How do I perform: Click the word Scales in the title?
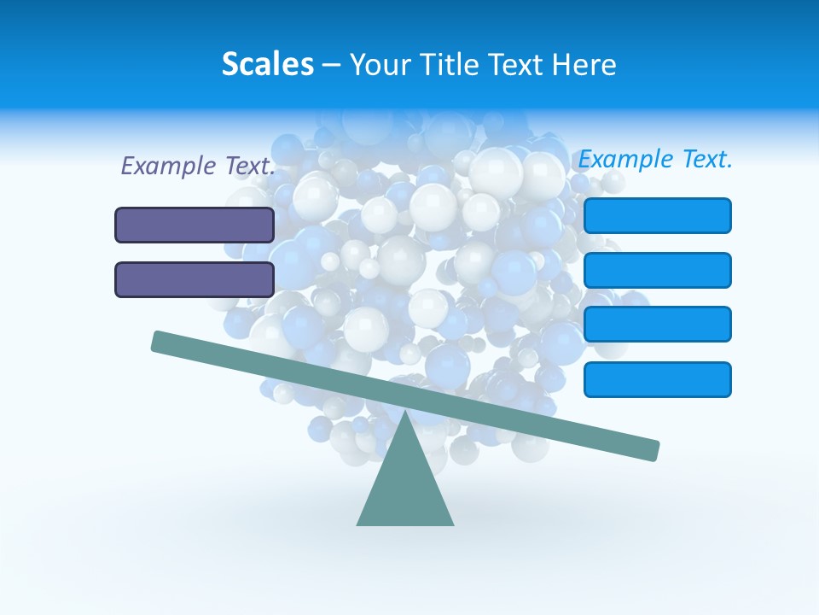pyautogui.click(x=267, y=65)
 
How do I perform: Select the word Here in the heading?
pyautogui.click(x=583, y=65)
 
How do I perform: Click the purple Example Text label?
pyautogui.click(x=198, y=167)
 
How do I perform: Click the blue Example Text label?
pyautogui.click(x=655, y=159)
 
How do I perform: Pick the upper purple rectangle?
pyautogui.click(x=195, y=225)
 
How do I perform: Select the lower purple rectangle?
pyautogui.click(x=195, y=279)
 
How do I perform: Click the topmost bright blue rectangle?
pyautogui.click(x=657, y=215)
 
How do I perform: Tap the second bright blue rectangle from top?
pyautogui.click(x=657, y=270)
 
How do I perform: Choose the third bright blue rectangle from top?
pyautogui.click(x=657, y=325)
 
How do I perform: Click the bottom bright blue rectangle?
pyautogui.click(x=657, y=379)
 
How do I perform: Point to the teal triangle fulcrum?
pyautogui.click(x=405, y=487)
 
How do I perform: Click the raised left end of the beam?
pyautogui.click(x=159, y=342)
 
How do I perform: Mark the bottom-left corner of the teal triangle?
pyautogui.click(x=357, y=524)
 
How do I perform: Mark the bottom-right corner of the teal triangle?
pyautogui.click(x=453, y=524)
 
